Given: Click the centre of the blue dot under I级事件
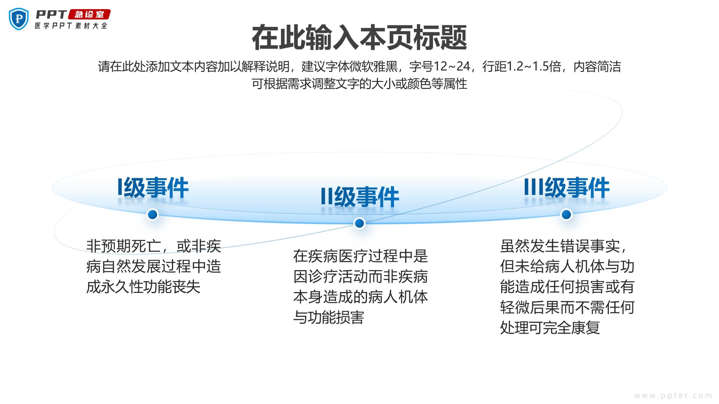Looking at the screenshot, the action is [152, 214].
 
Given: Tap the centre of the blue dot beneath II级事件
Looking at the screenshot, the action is [359, 223].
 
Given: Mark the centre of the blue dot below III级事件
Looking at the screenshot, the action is [566, 214].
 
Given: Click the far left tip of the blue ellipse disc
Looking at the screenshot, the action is [52, 188].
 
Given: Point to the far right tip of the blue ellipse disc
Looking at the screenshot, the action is [667, 188].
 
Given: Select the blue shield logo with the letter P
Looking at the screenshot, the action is [19, 19].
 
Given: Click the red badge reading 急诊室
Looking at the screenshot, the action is [89, 14].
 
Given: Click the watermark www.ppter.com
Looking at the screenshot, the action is [673, 396].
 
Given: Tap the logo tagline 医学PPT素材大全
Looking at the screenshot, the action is [71, 26].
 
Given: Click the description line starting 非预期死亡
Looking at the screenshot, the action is [154, 246].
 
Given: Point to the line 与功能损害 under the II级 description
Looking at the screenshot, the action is [329, 318].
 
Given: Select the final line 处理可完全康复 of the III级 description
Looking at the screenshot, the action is [550, 328].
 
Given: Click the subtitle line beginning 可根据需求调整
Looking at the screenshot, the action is [359, 84].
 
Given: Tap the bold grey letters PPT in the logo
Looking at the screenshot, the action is [51, 14].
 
